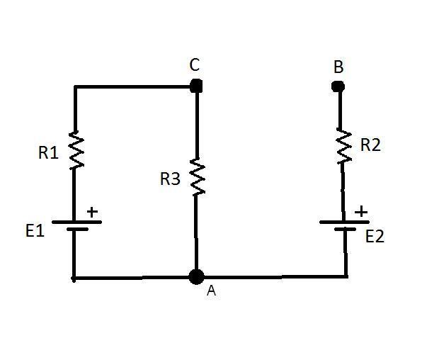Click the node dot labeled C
196,86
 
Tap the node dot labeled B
338,86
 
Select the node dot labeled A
196,277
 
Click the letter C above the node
195,64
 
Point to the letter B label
338,67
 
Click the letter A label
212,291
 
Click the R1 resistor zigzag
76,150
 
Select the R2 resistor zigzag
344,146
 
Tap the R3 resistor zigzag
198,176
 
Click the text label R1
48,153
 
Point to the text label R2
370,145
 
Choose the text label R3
170,179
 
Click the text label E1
35,231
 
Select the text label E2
375,237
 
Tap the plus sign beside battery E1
92,212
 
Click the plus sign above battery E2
361,211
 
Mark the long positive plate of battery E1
76,222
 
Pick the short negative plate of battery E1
78,229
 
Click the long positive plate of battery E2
344,222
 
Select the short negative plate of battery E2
345,229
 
